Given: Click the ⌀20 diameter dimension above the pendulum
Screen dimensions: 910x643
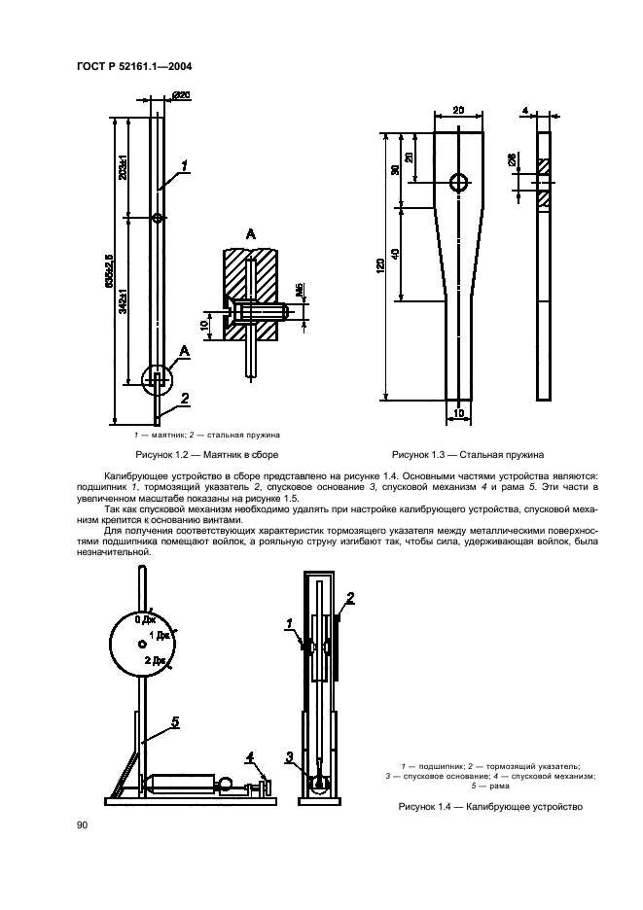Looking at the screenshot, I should coord(181,95).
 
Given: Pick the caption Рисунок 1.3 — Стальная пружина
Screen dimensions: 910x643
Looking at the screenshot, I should coord(467,454).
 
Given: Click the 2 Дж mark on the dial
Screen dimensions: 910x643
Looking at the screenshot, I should coord(154,660).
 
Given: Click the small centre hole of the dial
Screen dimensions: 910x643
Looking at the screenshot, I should coord(142,644).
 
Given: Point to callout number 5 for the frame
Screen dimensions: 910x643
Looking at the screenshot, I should coord(175,722).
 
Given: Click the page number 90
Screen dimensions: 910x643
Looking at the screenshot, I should coord(83,824).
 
